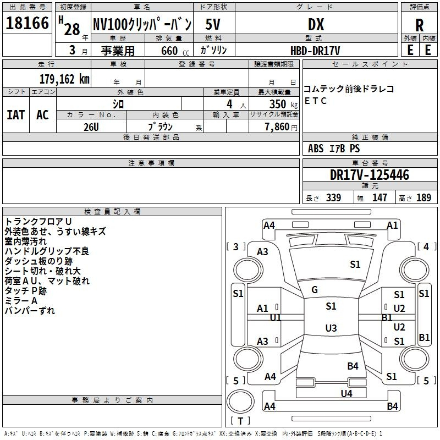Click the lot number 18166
click(27, 24)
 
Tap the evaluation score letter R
click(419, 25)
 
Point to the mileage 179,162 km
click(64, 79)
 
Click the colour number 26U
click(91, 127)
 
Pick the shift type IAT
click(15, 115)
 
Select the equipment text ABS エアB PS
click(334, 148)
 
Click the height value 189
click(423, 198)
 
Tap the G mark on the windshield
click(314, 289)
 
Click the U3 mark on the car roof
click(331, 328)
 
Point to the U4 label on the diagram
click(346, 393)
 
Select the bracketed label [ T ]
click(240, 421)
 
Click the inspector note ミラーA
click(21, 300)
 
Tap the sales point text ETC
click(315, 101)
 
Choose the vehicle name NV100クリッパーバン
click(141, 24)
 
